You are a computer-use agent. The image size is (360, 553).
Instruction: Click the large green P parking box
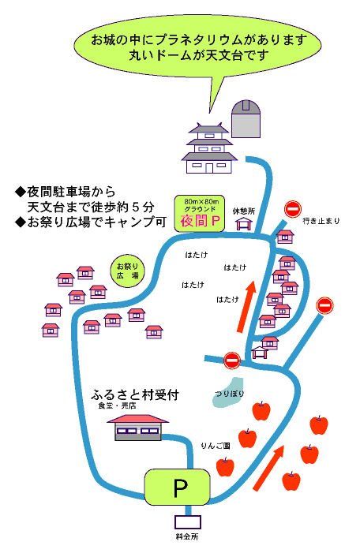177,487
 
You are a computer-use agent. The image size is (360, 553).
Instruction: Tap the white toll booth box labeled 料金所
188,522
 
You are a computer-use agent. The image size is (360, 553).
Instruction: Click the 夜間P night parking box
200,213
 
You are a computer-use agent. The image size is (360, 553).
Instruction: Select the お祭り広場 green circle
127,271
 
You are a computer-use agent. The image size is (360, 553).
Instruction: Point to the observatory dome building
246,119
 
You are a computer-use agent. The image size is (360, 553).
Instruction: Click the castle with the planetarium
209,148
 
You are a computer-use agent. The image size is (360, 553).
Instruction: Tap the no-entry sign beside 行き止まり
293,209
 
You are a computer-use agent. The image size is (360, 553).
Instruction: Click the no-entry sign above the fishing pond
232,361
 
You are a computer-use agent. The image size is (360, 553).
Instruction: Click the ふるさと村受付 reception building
137,428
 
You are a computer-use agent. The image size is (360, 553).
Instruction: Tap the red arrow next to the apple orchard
269,468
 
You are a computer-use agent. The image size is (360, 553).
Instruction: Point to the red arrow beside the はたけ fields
246,306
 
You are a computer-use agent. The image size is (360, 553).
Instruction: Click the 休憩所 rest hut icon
244,223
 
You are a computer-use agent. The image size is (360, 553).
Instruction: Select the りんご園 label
216,446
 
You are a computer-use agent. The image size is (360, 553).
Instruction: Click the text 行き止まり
321,221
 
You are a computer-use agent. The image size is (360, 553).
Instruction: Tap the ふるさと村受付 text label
135,394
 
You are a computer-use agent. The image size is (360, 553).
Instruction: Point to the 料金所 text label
187,536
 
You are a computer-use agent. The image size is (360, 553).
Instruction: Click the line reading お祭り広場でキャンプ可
91,222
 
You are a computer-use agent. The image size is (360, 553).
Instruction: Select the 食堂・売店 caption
117,405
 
